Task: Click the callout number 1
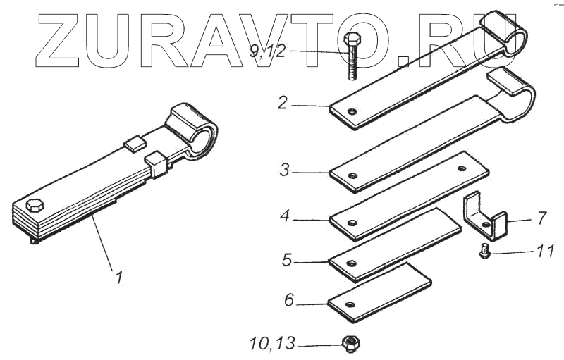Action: click(118, 277)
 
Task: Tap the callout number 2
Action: click(283, 103)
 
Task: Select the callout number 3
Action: click(285, 170)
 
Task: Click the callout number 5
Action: click(287, 260)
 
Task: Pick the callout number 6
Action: click(289, 300)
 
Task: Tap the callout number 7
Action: click(542, 218)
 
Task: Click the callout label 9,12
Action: click(268, 51)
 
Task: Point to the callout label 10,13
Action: click(272, 344)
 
